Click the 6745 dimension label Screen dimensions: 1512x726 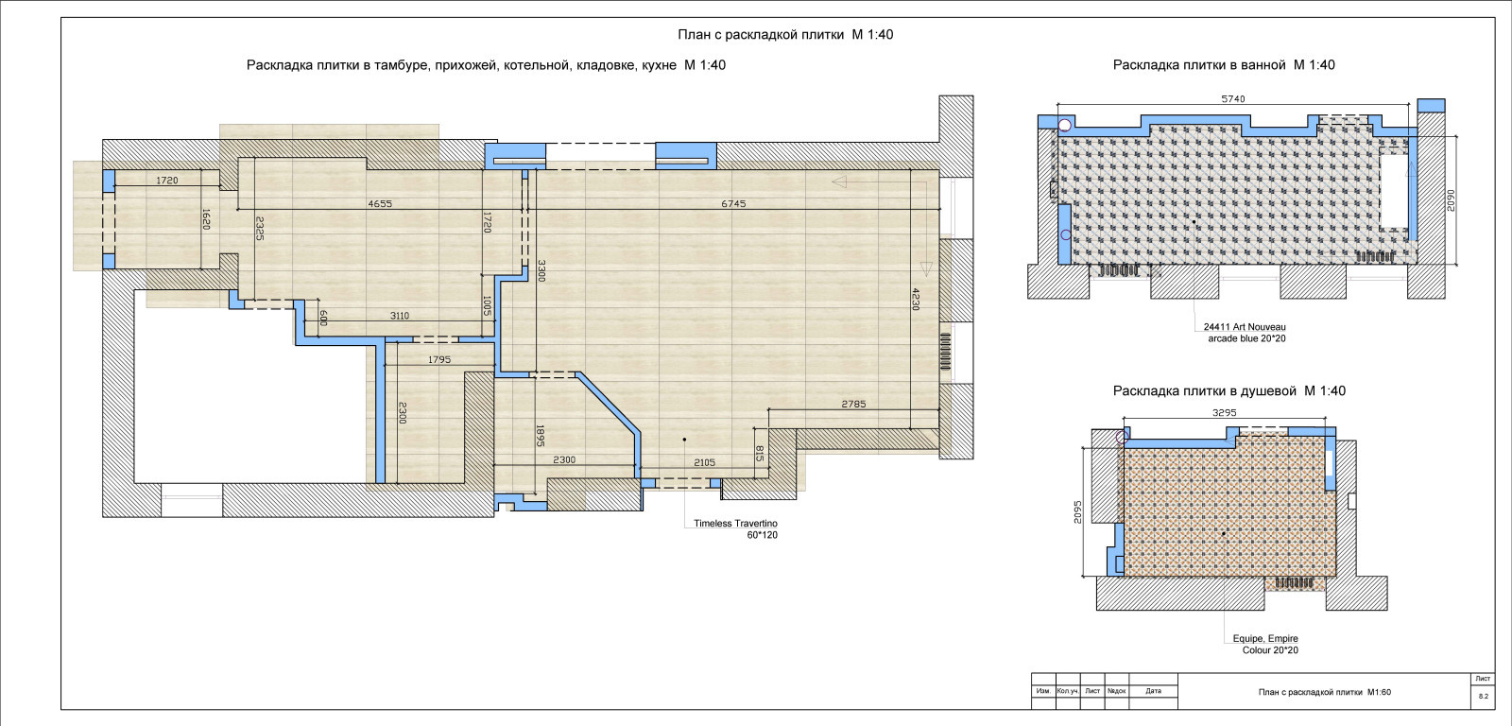pos(733,203)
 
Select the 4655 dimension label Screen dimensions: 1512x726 pos(379,203)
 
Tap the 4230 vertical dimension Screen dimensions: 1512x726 pos(916,299)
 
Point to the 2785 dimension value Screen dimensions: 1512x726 pos(853,404)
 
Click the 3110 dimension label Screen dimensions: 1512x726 pos(400,316)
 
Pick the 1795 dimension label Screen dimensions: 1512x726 pos(438,359)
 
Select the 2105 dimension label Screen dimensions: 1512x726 pos(704,462)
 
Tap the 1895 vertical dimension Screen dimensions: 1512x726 pos(540,436)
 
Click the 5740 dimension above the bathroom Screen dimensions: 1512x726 pos(1232,98)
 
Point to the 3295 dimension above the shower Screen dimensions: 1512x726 pos(1224,413)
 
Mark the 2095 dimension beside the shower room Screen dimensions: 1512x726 pos(1077,511)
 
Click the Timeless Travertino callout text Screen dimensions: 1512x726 pos(736,528)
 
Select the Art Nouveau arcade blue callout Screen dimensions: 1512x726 pos(1245,332)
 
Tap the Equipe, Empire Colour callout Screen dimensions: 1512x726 pos(1265,645)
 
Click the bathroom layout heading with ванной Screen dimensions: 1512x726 pos(1224,65)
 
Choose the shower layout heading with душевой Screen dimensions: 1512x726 pos(1229,391)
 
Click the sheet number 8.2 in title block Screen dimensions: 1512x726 pos(1483,697)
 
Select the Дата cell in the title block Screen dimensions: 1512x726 pos(1154,691)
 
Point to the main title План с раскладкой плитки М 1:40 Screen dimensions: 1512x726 pos(785,34)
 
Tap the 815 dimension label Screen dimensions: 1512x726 pos(760,453)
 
